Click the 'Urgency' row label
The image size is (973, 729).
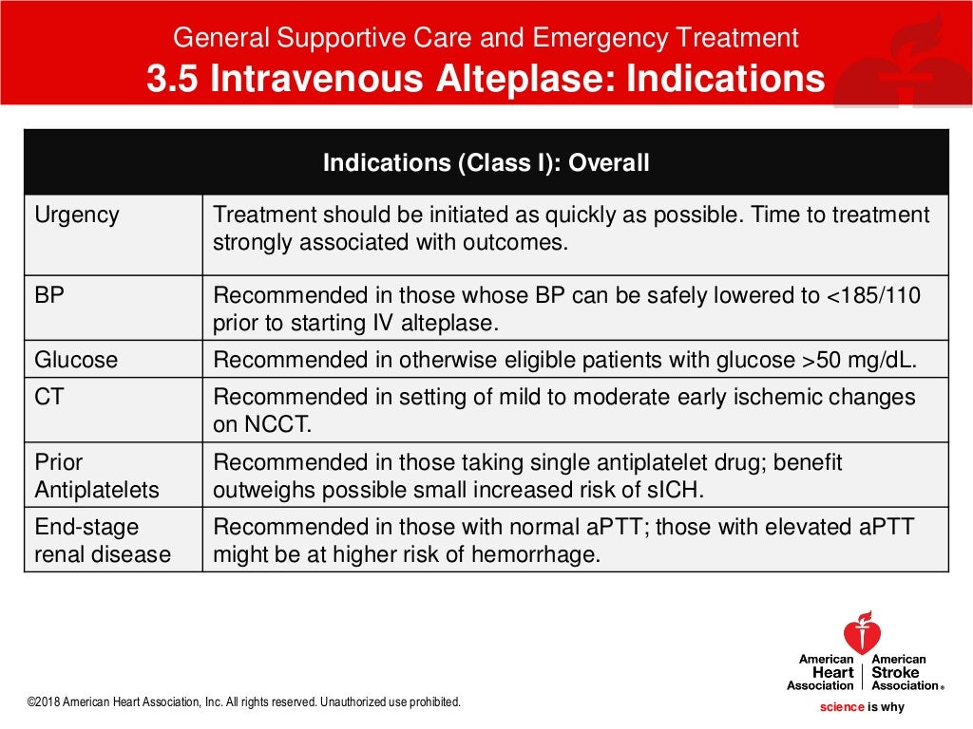coord(77,215)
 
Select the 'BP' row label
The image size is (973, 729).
coord(49,294)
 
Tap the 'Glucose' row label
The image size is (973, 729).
coord(76,360)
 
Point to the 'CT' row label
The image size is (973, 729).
coord(49,397)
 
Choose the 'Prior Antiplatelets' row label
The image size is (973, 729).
coord(96,477)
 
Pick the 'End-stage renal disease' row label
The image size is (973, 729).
coord(103,541)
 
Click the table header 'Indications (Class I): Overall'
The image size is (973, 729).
coord(486,162)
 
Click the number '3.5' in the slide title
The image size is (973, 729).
coord(172,80)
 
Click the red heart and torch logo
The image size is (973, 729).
coord(862,633)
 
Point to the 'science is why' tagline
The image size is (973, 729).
coord(862,707)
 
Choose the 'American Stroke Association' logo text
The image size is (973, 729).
coord(902,672)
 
